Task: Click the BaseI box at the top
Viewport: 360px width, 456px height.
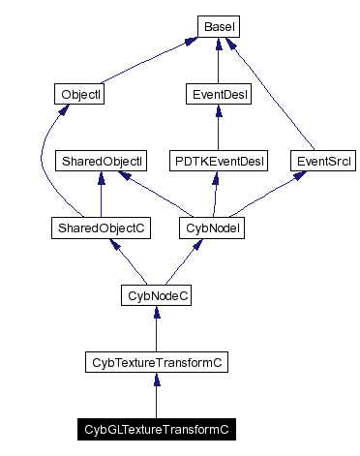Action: point(219,26)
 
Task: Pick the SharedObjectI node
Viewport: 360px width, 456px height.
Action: point(102,161)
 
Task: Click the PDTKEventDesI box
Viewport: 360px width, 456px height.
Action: point(219,161)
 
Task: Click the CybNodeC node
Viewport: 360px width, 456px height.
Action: point(156,294)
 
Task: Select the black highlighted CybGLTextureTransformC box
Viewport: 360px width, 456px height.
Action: point(156,428)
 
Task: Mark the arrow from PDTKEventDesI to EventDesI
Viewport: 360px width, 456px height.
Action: point(219,128)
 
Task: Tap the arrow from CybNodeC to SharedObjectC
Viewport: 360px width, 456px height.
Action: point(128,261)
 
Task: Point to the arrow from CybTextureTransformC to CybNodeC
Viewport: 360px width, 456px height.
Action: point(156,329)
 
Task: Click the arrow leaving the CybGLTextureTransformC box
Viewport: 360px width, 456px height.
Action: point(156,396)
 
